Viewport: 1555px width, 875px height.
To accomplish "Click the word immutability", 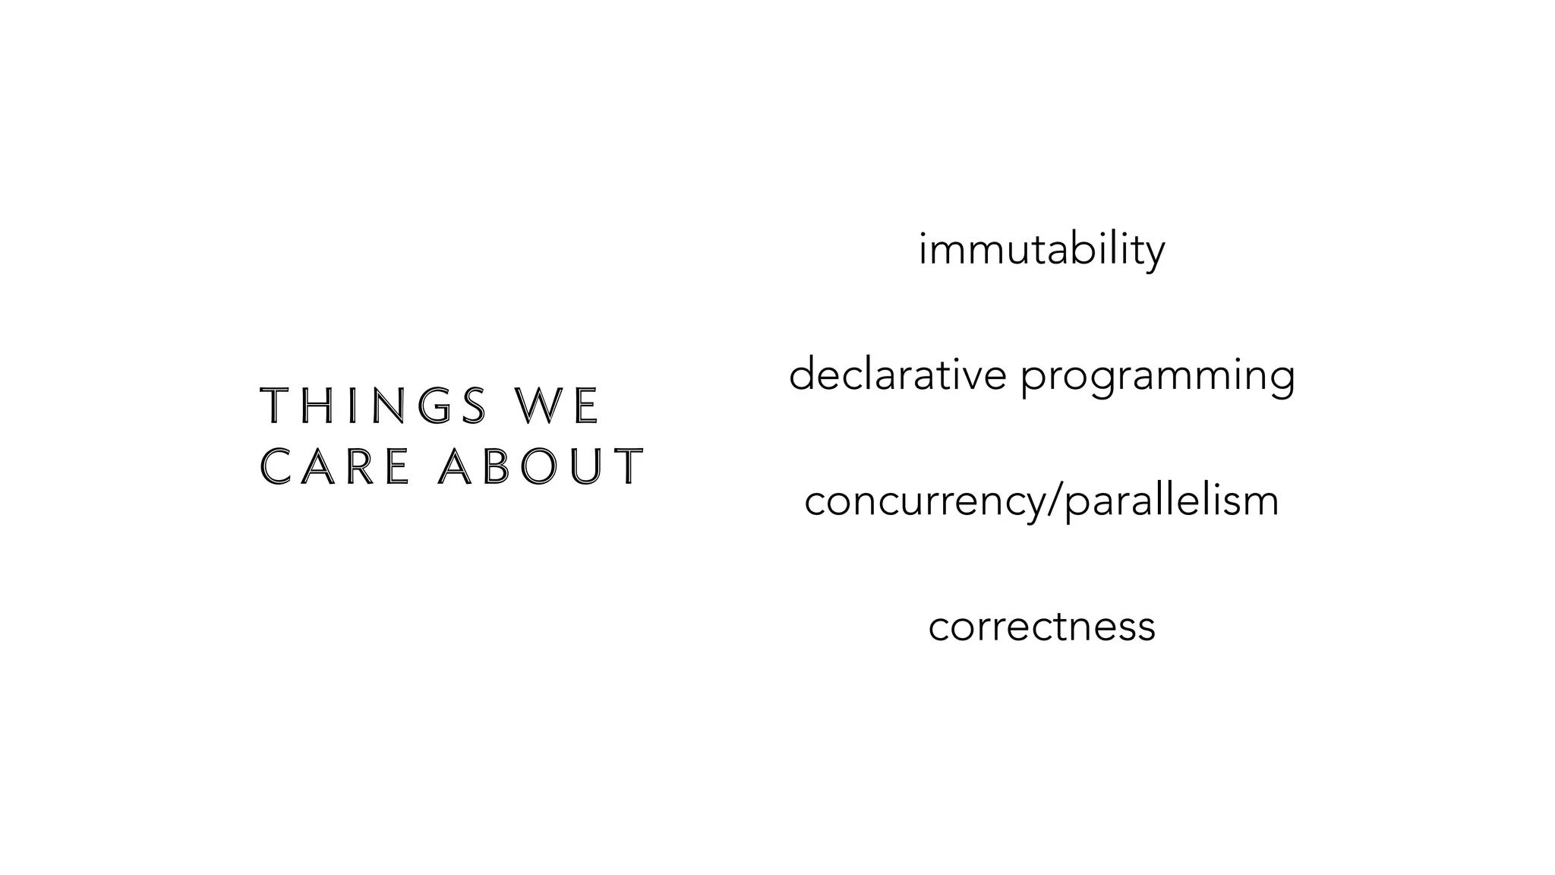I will (x=1041, y=250).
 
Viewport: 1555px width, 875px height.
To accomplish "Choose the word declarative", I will (x=897, y=375).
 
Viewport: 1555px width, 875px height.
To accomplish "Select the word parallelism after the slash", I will (x=1172, y=502).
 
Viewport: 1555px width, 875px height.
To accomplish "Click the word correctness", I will (x=1042, y=627).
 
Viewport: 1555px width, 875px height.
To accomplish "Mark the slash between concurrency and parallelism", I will (x=1055, y=502).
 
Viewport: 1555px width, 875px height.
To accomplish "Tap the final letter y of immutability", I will (x=1155, y=254).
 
